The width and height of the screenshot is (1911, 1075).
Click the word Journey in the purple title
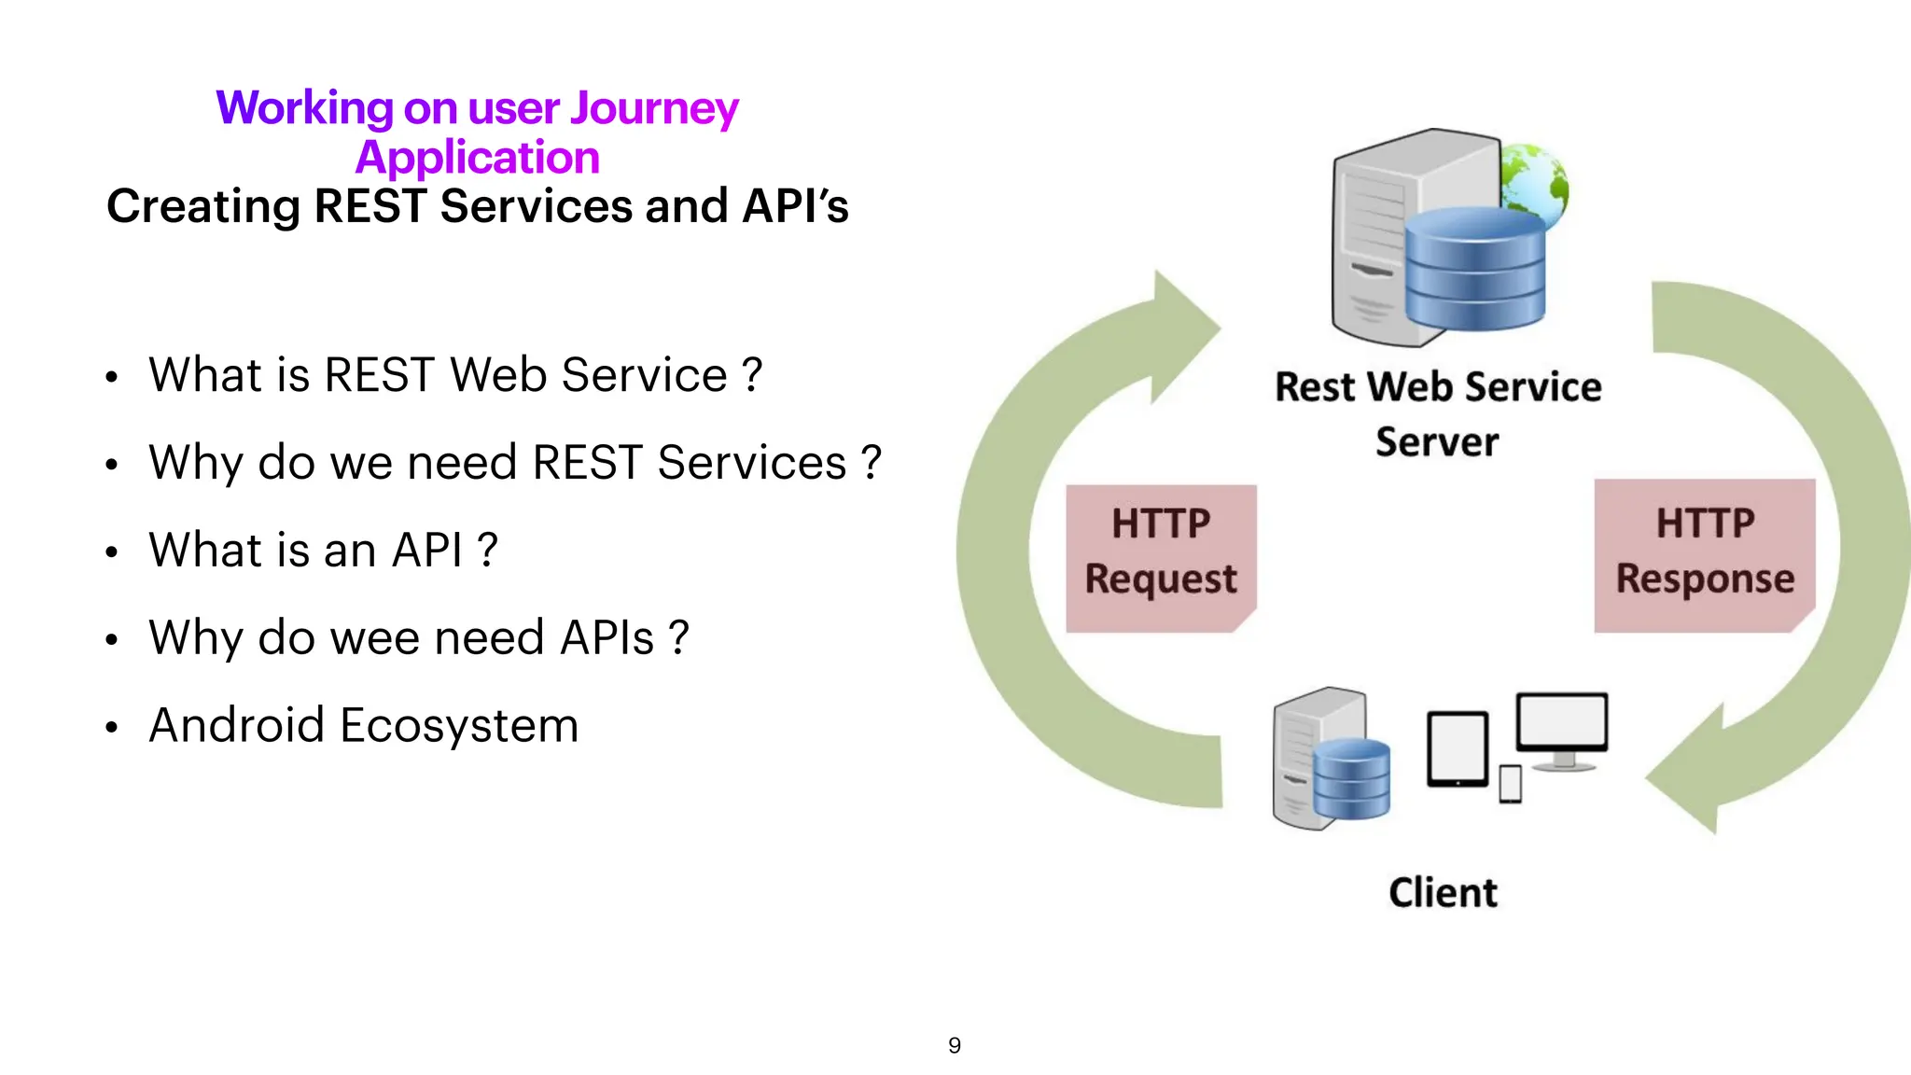pyautogui.click(x=653, y=109)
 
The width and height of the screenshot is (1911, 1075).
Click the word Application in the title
pyautogui.click(x=477, y=158)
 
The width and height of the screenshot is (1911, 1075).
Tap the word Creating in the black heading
pyautogui.click(x=202, y=206)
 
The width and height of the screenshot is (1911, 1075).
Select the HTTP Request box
pyautogui.click(x=1161, y=557)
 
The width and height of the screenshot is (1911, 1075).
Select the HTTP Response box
pyautogui.click(x=1704, y=555)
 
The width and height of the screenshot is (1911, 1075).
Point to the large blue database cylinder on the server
pyautogui.click(x=1474, y=269)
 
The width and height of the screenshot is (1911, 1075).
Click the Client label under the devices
pyautogui.click(x=1443, y=893)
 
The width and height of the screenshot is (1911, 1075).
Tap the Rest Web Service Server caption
pyautogui.click(x=1438, y=412)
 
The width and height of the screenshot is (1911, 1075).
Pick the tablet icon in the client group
pyautogui.click(x=1457, y=748)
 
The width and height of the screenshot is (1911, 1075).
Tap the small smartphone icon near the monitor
pyautogui.click(x=1510, y=784)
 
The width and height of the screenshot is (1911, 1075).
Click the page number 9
pyautogui.click(x=954, y=1045)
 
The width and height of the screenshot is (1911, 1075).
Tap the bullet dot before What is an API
pyautogui.click(x=112, y=552)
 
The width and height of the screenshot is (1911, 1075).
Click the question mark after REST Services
pyautogui.click(x=871, y=463)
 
